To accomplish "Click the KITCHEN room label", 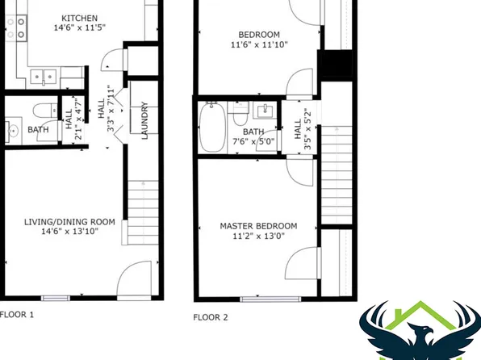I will (x=81, y=18).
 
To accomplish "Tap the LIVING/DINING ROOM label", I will (x=69, y=221).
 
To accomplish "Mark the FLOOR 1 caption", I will (x=16, y=315).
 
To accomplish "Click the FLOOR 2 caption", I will (x=211, y=318).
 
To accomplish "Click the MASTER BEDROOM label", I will (x=258, y=225).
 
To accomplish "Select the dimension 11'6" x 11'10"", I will (x=258, y=46).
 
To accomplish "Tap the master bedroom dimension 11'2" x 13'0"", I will (x=258, y=237).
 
